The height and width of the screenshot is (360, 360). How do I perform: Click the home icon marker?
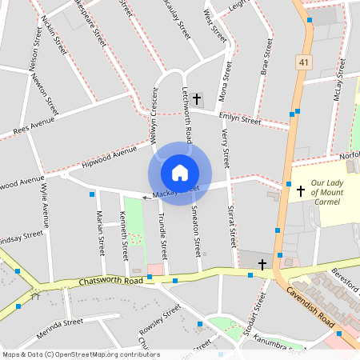click(x=180, y=173)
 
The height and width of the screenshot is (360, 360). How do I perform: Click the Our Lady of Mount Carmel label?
click(x=326, y=192)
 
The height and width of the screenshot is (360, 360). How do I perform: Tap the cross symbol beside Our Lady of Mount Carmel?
click(x=301, y=190)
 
